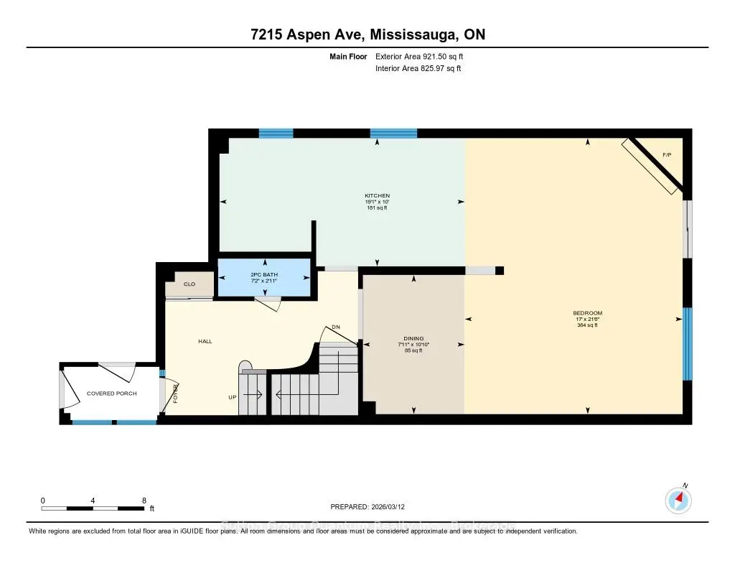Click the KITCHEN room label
(x=377, y=195)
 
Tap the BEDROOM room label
(x=587, y=313)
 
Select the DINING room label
(x=413, y=338)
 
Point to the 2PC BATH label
(x=263, y=275)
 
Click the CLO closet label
(x=189, y=284)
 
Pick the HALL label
(x=206, y=342)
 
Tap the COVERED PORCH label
(x=111, y=394)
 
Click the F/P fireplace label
(x=666, y=155)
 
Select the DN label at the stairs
(x=335, y=327)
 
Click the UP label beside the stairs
(x=233, y=396)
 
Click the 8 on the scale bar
(x=144, y=501)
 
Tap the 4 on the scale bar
(x=93, y=501)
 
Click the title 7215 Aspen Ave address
(x=367, y=34)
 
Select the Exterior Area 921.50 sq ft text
(x=423, y=56)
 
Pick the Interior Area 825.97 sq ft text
(x=418, y=69)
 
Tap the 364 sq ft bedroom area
(x=587, y=325)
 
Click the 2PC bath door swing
(x=268, y=304)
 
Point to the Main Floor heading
(x=349, y=56)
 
